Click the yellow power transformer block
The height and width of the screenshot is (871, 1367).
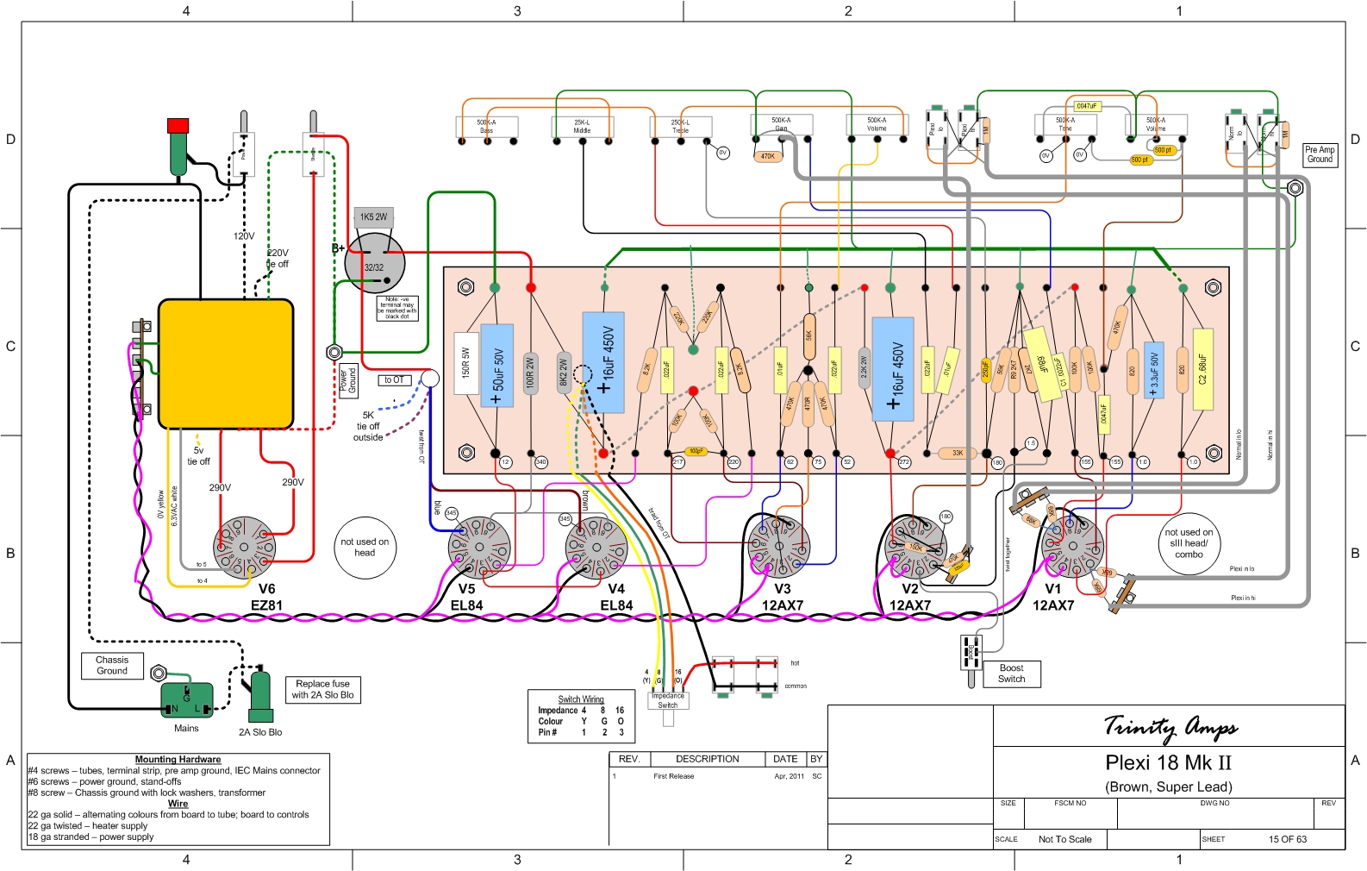point(226,363)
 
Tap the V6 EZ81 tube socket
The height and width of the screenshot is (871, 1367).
point(245,547)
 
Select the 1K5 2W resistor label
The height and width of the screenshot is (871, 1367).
point(373,216)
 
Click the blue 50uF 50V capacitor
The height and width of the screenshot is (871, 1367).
point(497,366)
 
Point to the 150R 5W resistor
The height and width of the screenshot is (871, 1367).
point(466,363)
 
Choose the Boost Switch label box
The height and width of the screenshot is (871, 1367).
point(1011,674)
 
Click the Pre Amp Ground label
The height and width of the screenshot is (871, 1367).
point(1320,154)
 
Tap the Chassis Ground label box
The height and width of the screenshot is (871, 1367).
point(112,665)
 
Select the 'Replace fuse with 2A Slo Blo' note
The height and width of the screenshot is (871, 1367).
point(322,689)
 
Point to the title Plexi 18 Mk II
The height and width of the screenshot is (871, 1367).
point(1168,762)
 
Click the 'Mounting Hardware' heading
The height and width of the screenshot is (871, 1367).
point(178,760)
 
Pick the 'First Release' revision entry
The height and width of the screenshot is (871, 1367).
point(673,776)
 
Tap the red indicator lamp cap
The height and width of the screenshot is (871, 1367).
point(178,126)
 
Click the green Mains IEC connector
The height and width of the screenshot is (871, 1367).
point(186,700)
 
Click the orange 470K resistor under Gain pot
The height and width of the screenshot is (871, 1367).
point(767,156)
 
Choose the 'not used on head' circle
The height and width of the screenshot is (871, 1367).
point(365,547)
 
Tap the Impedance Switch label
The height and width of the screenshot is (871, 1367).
point(668,700)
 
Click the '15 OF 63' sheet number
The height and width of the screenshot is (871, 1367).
point(1287,839)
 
